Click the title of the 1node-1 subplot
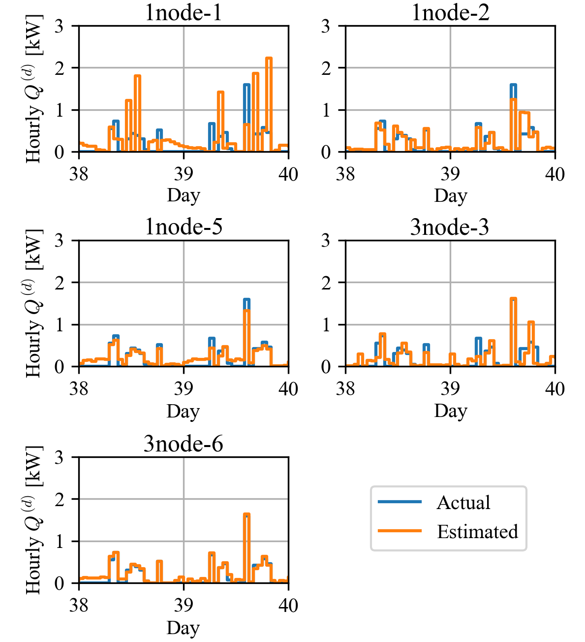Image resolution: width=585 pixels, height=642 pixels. [184, 12]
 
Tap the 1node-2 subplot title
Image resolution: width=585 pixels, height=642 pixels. [450, 12]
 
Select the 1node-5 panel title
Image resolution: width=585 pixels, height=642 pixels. [184, 227]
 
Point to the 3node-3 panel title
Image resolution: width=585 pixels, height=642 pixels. [450, 227]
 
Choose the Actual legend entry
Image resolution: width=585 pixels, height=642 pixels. [463, 503]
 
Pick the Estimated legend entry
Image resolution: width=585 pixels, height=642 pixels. [477, 532]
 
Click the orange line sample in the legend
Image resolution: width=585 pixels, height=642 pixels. [400, 531]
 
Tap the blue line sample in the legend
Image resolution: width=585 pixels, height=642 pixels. [400, 502]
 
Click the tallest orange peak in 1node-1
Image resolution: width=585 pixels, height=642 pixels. [269, 59]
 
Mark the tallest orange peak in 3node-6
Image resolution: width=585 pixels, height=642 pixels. [246, 514]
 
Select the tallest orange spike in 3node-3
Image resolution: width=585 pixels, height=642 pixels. [513, 299]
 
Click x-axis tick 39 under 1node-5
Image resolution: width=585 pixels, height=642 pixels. [184, 389]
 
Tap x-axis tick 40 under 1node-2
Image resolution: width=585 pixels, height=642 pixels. [555, 174]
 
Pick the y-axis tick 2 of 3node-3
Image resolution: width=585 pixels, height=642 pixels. [326, 283]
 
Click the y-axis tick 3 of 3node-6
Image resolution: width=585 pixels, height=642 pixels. [59, 457]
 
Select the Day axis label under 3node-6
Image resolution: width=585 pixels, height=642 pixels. [184, 628]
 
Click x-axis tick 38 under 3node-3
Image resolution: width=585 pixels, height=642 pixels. [345, 389]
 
